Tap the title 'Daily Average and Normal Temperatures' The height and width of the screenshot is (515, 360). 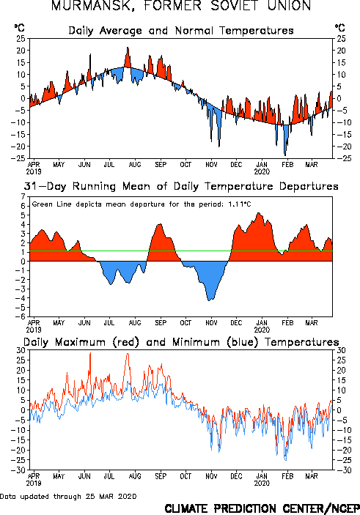(181, 31)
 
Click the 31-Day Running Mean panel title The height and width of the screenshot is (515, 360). (181, 186)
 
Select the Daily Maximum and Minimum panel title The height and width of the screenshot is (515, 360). (181, 342)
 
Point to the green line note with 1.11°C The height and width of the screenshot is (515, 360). (142, 204)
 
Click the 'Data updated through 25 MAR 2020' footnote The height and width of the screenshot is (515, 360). (68, 496)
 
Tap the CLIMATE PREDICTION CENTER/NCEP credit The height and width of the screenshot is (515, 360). (262, 508)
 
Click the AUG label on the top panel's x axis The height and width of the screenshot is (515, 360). (135, 164)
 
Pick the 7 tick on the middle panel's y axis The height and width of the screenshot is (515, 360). (23, 196)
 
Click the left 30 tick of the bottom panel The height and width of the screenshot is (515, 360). (21, 350)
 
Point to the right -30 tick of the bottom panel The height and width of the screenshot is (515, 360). (341, 470)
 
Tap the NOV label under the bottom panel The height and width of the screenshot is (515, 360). (211, 476)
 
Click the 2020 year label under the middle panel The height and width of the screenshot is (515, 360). (262, 330)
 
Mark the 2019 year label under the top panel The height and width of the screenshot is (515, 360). (34, 171)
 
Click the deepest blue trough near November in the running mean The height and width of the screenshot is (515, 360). (210, 300)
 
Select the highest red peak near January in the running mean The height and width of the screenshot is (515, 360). (259, 213)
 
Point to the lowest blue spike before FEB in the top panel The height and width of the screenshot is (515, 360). (285, 155)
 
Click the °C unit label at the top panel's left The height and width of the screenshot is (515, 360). (19, 28)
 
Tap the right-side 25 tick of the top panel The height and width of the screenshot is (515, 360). (341, 39)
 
